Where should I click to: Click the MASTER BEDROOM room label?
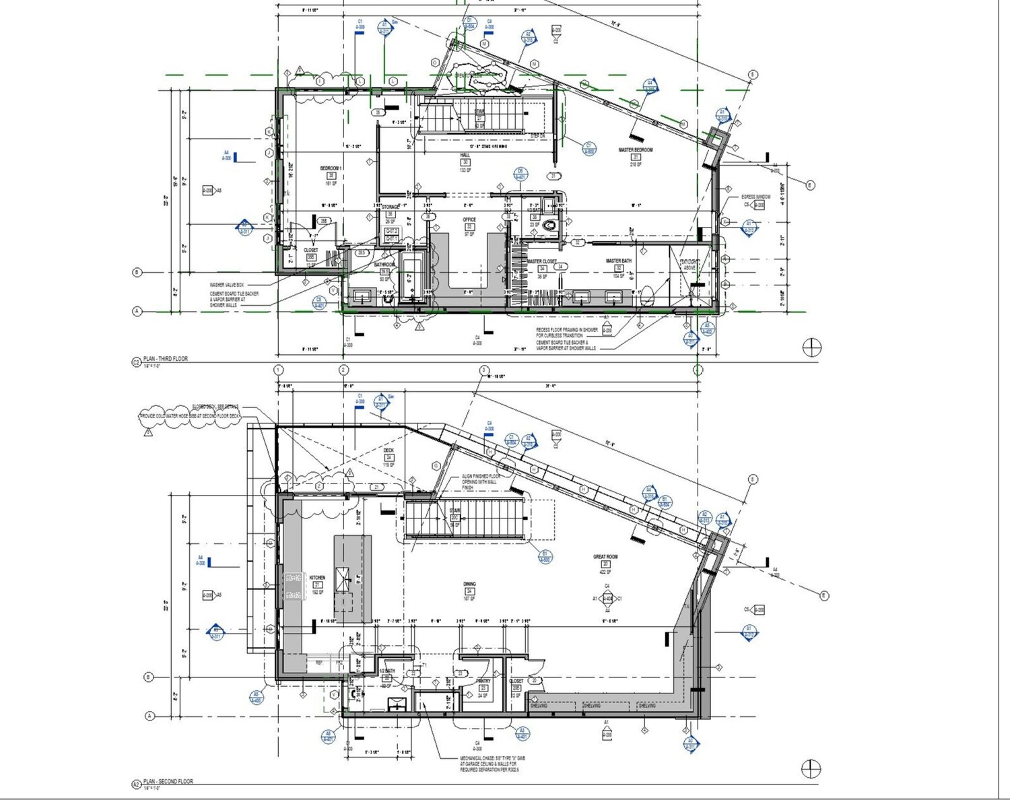click(636, 150)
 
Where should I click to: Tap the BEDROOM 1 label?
click(331, 168)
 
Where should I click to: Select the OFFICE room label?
click(469, 220)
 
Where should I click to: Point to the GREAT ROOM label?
click(605, 557)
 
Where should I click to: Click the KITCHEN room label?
click(316, 578)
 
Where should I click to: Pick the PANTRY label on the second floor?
click(483, 681)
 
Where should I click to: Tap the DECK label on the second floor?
click(389, 450)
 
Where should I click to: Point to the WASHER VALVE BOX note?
click(226, 285)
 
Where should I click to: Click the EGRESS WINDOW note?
click(755, 197)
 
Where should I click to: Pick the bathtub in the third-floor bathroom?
click(409, 277)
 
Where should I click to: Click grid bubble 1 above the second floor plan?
click(279, 370)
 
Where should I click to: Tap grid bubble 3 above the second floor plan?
click(483, 370)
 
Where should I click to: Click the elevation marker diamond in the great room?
click(607, 598)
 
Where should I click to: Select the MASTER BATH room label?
click(618, 261)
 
